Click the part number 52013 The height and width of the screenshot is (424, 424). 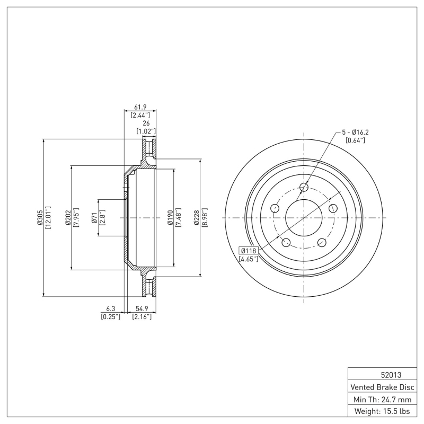[x=382, y=374]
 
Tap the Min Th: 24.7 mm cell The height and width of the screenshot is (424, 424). [x=382, y=399]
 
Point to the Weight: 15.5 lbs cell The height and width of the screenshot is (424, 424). [x=382, y=411]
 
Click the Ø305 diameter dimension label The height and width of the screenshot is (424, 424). [x=40, y=218]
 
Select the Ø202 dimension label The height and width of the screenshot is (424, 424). [x=68, y=218]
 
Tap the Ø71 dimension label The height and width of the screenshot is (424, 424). [x=94, y=218]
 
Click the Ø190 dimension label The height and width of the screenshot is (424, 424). [x=170, y=218]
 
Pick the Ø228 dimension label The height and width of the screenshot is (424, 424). [x=197, y=218]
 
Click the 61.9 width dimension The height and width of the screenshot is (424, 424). [x=140, y=107]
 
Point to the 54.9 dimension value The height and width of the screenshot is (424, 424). [x=142, y=308]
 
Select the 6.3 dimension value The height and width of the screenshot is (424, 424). [x=110, y=308]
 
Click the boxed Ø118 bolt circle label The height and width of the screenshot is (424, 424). [x=249, y=251]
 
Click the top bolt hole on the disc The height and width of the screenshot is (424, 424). [x=304, y=187]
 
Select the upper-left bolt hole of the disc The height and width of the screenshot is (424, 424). [x=275, y=208]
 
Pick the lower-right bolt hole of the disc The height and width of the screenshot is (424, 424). [x=322, y=243]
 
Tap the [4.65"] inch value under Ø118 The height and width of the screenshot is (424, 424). [x=249, y=259]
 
